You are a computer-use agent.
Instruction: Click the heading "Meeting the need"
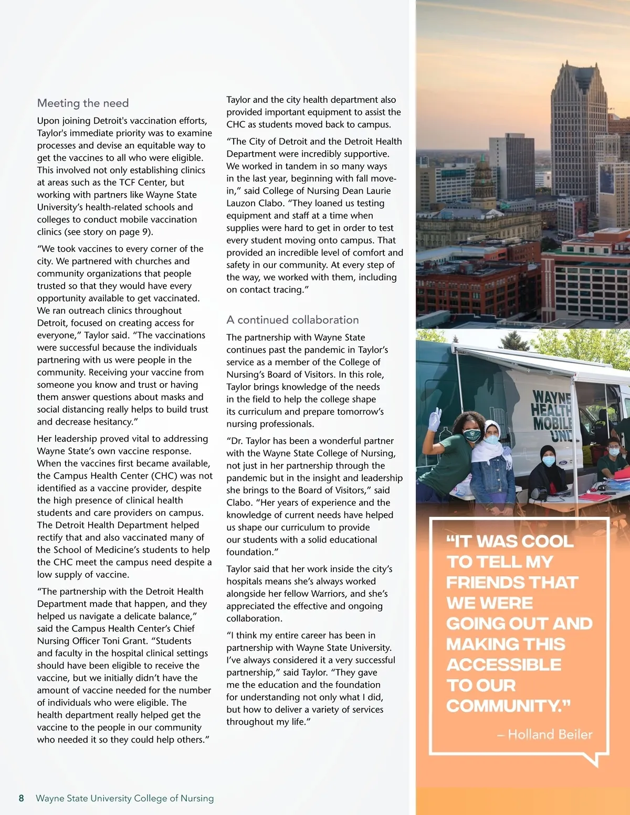tap(83, 103)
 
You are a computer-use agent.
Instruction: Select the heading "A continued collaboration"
tap(292, 320)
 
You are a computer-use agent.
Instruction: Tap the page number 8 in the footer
tap(21, 798)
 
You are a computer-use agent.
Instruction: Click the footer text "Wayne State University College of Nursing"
tap(124, 798)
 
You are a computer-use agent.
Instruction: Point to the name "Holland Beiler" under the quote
tap(550, 735)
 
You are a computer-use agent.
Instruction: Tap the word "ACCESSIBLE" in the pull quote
tap(504, 665)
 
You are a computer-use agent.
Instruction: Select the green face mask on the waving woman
tap(472, 435)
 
